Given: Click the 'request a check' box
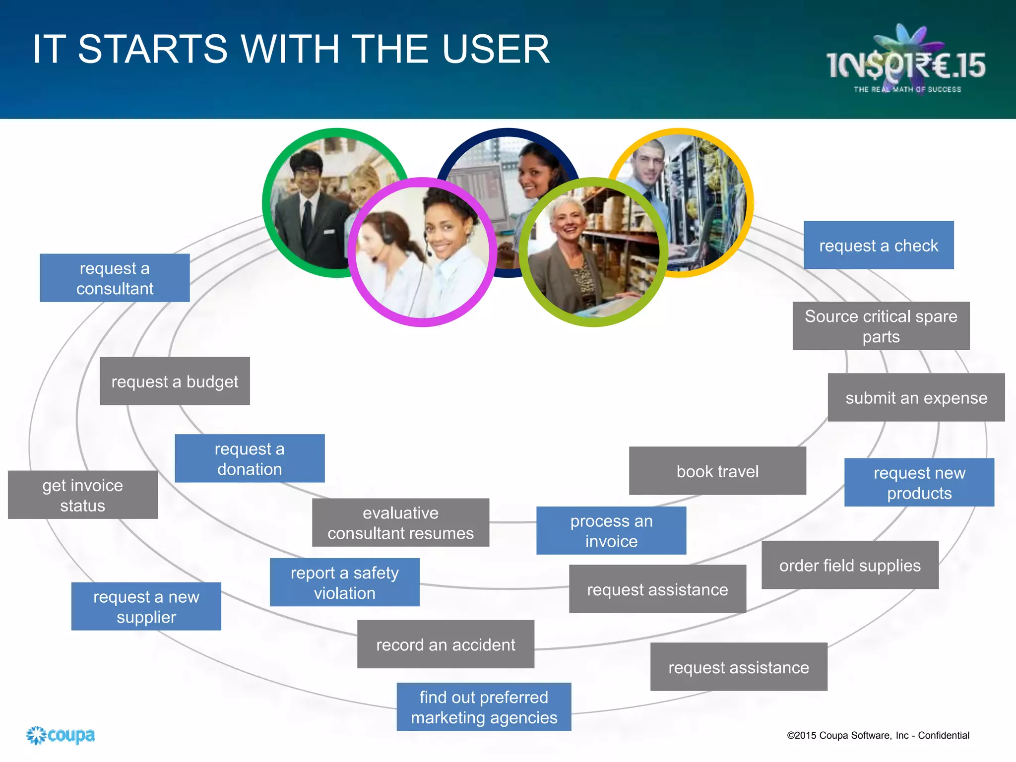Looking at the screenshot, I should (878, 245).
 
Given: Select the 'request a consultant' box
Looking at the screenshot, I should (115, 278).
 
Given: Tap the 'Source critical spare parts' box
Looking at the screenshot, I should (881, 326).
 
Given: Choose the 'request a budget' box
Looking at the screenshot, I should (175, 381).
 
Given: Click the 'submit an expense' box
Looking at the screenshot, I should (916, 397).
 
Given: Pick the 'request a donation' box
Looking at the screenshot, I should (250, 458).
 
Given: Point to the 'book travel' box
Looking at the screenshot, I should (717, 471).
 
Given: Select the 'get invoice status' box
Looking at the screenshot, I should (82, 495).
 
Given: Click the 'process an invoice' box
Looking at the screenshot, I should (611, 530).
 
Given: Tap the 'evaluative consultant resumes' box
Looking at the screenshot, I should (400, 522).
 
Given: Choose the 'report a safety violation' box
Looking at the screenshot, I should (344, 582).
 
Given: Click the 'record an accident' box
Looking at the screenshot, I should (445, 644).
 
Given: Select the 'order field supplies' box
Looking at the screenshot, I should (849, 565).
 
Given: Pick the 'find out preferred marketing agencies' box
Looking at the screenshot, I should (484, 707).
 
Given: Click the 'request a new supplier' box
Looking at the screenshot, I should (146, 606).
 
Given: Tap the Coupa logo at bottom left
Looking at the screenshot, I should (61, 735).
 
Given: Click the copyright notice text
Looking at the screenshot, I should (878, 735).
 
